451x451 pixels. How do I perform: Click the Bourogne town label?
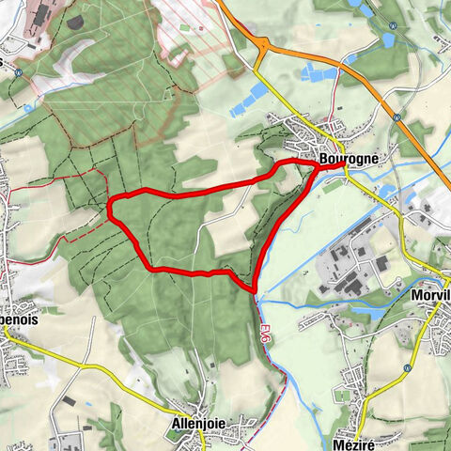pyautogui.click(x=349, y=159)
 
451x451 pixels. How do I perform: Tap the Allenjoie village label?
pyautogui.click(x=198, y=424)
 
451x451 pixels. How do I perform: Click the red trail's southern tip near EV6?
pyautogui.click(x=255, y=287)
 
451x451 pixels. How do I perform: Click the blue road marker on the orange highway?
pyautogui.click(x=398, y=119)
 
